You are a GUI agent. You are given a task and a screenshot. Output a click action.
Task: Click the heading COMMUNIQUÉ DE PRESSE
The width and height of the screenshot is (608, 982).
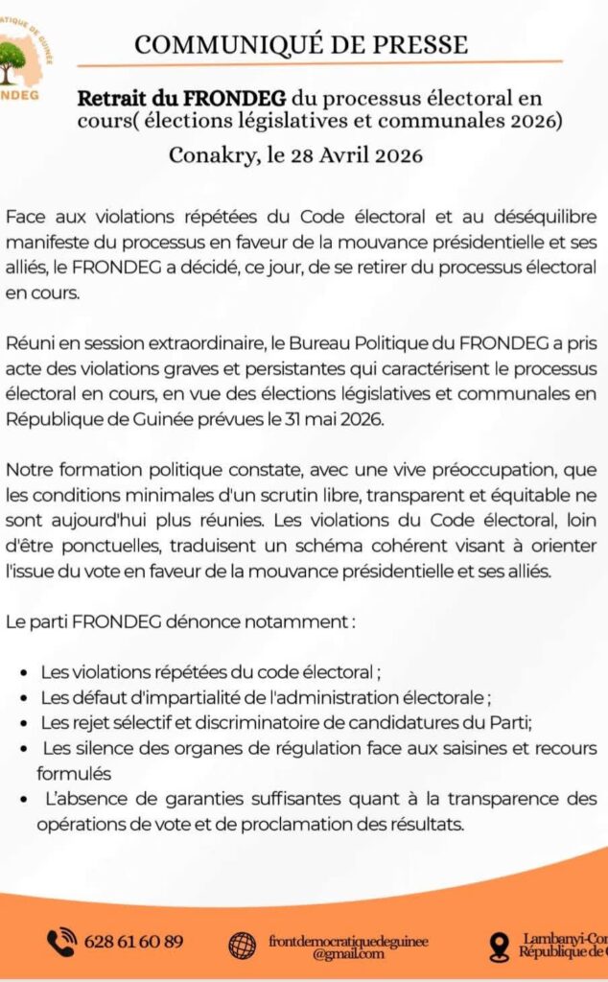[301, 44]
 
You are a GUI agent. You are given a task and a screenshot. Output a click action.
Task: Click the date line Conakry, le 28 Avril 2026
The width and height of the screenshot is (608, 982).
[295, 153]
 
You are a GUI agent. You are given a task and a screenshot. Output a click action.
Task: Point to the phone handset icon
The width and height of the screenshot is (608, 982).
[62, 941]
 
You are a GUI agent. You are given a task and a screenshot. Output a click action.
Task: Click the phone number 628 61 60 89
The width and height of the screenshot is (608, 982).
[134, 941]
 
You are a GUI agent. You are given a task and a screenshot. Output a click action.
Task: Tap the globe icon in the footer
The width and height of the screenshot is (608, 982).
[242, 944]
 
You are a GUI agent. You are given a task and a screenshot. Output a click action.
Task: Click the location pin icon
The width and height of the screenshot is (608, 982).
[499, 947]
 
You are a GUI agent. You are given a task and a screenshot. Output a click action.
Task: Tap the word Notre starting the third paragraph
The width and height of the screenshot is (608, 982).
[28, 470]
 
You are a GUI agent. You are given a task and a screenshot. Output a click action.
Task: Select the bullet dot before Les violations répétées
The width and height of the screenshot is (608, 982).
[22, 672]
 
